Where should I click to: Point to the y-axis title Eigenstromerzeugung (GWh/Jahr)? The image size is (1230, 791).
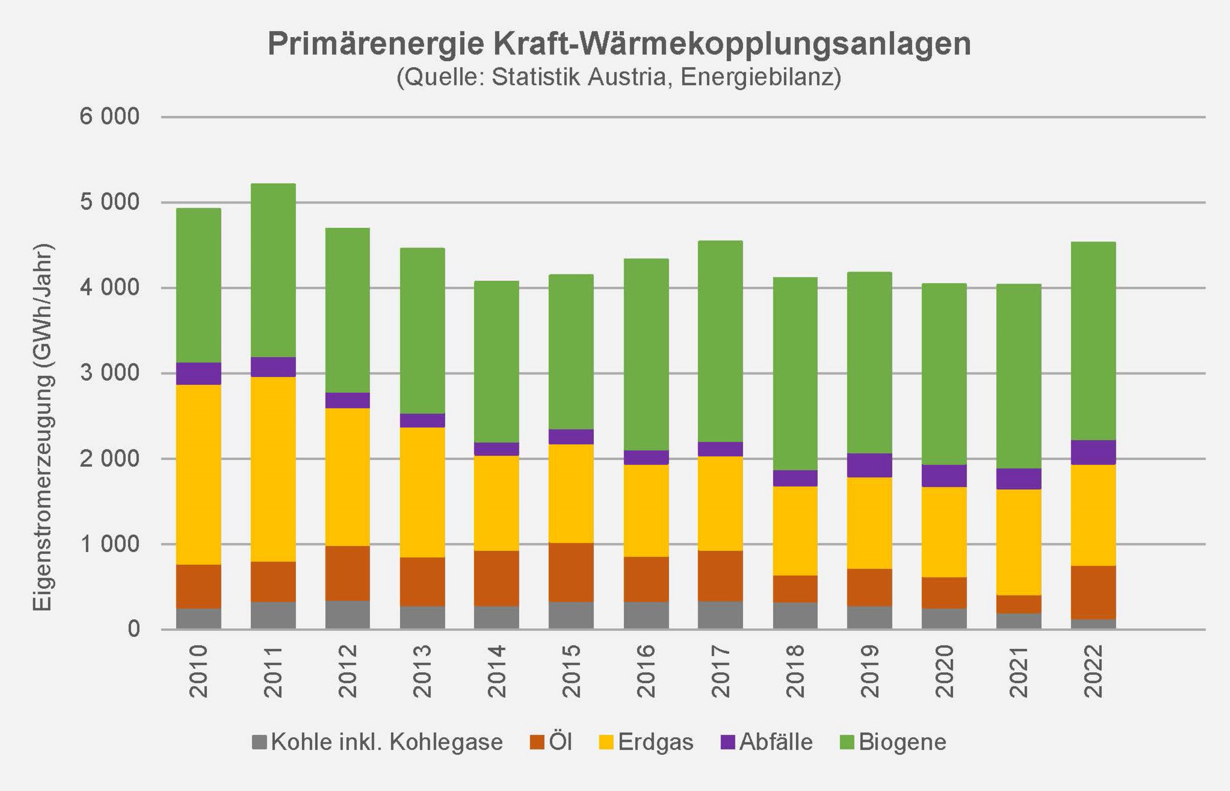point(43,427)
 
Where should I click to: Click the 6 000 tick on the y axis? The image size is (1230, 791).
point(109,117)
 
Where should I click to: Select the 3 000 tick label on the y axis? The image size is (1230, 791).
point(109,373)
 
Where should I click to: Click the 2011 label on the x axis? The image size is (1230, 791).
point(273,672)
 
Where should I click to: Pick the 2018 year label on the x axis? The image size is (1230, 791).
point(795,672)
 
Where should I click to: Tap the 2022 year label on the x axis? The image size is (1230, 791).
point(1093,672)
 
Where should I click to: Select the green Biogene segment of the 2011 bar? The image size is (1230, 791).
point(273,270)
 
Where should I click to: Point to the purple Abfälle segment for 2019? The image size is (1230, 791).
point(869,465)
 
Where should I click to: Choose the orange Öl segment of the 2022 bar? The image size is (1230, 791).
point(1093,592)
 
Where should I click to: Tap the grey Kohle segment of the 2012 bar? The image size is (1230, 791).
point(347,614)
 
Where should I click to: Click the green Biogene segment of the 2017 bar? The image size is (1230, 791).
point(720,341)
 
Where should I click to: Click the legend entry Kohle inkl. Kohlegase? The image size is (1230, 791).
point(377,742)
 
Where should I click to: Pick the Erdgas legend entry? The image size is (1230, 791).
point(647,742)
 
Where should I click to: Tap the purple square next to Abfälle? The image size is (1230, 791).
point(728,742)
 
